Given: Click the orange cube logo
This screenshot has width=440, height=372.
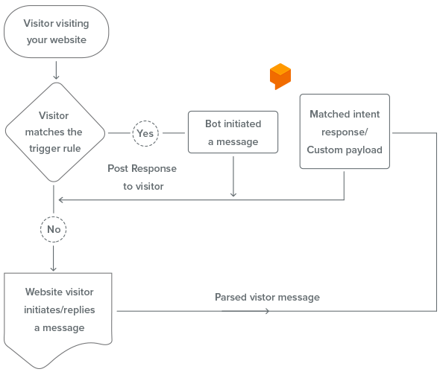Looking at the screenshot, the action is (x=280, y=76).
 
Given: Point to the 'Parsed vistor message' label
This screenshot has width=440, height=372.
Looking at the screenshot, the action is (x=267, y=297).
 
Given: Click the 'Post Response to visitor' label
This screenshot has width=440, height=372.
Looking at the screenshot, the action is (x=142, y=177).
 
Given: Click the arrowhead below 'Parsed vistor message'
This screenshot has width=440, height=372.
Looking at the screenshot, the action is (x=268, y=311).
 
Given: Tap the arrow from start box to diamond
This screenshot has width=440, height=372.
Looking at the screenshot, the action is (x=56, y=70).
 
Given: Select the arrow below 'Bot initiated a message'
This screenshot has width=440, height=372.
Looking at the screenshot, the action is (x=233, y=176).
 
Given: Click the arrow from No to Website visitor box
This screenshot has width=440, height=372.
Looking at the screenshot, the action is (x=53, y=258).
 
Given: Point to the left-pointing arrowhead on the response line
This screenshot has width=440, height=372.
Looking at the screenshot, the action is (x=60, y=200).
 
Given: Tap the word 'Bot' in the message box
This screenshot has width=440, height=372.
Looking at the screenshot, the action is (x=213, y=124).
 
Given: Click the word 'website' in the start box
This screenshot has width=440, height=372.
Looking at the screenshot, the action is (x=68, y=39).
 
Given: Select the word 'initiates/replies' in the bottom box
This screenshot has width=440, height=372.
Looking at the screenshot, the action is (x=60, y=310).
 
